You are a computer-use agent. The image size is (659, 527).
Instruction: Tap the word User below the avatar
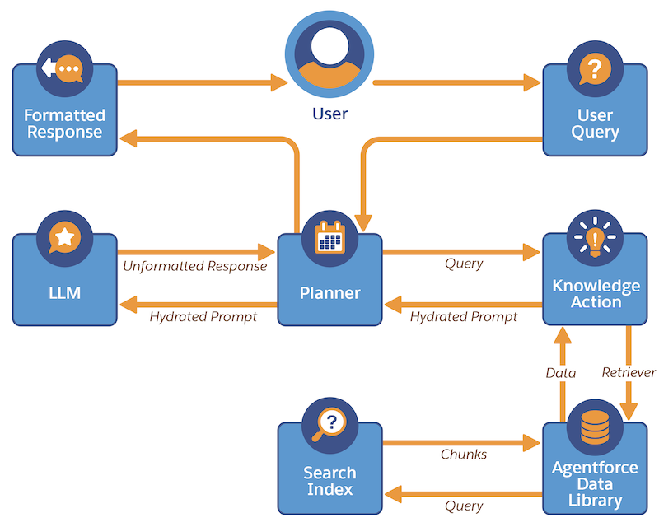click(x=329, y=114)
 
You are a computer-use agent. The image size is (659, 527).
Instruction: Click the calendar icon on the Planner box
click(x=329, y=238)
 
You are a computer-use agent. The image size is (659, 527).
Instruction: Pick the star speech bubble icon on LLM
click(x=64, y=238)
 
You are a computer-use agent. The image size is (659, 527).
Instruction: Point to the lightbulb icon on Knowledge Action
click(x=595, y=237)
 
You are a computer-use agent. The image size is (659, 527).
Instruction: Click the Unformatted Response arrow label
click(x=195, y=266)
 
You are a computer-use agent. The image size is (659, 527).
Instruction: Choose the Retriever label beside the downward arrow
click(x=629, y=372)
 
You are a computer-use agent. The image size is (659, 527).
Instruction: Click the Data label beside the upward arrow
click(x=561, y=372)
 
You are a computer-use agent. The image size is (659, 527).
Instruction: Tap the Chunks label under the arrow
click(x=463, y=455)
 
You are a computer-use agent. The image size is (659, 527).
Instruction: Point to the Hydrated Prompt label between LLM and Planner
click(x=203, y=316)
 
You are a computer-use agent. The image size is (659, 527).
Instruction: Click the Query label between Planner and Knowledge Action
click(x=463, y=264)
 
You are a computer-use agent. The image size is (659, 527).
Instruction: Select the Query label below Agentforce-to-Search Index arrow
click(x=463, y=506)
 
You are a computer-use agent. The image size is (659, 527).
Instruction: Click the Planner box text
click(x=329, y=292)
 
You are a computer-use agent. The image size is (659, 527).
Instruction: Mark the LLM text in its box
click(x=64, y=292)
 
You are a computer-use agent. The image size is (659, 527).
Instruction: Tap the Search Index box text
click(x=329, y=481)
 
